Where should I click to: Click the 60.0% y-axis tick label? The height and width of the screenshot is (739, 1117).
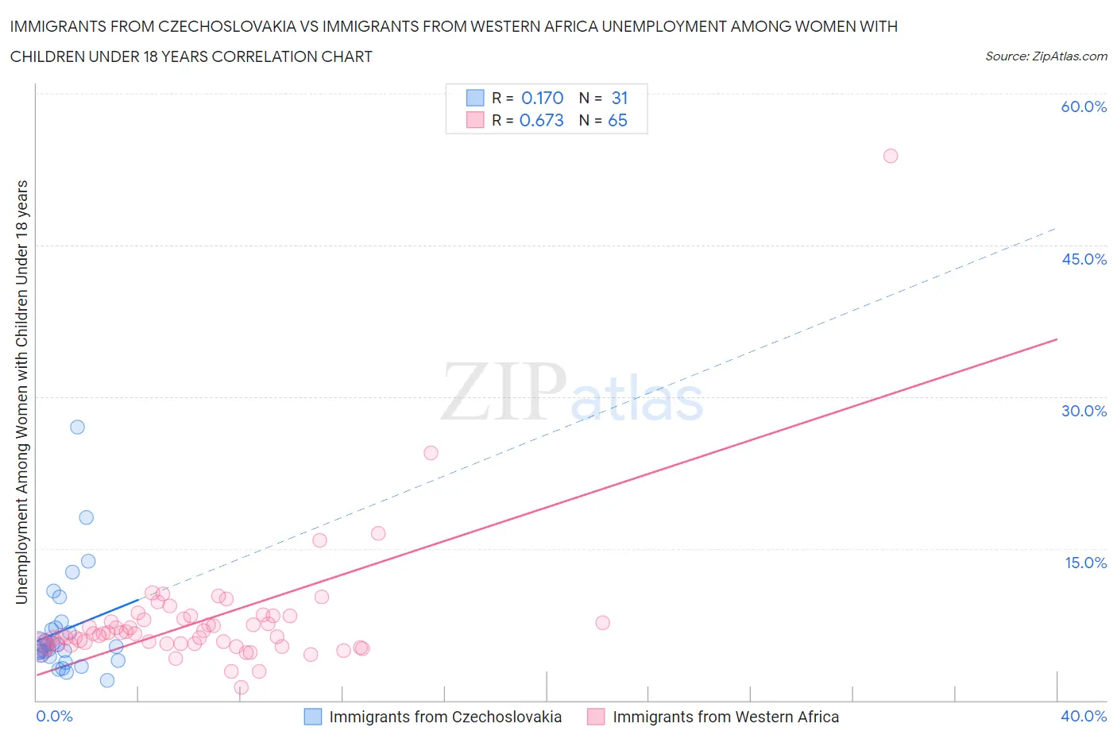click(x=1084, y=106)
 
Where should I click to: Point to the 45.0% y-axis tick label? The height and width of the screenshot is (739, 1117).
click(x=1084, y=259)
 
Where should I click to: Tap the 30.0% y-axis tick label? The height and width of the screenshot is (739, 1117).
click(x=1084, y=411)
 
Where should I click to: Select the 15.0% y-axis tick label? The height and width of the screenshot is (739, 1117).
click(x=1085, y=563)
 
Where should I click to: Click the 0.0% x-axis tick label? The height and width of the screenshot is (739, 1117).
click(x=54, y=716)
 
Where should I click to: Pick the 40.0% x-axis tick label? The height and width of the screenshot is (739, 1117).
click(x=1084, y=716)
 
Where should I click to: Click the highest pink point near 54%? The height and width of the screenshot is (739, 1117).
click(x=891, y=156)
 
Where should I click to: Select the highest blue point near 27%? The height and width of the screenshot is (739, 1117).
click(x=77, y=427)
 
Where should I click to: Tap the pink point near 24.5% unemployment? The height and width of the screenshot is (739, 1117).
click(x=431, y=453)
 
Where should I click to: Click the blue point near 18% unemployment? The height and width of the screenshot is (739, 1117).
click(x=87, y=517)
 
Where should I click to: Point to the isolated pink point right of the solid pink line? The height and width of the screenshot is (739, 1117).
click(x=602, y=623)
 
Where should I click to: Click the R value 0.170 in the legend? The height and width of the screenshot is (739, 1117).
click(x=542, y=98)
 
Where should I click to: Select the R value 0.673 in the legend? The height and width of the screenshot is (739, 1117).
click(x=541, y=120)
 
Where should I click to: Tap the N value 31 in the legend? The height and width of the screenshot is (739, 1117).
click(x=620, y=98)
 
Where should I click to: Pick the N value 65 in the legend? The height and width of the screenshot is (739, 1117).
click(x=617, y=120)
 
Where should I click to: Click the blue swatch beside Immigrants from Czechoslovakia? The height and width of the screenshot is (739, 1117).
click(x=313, y=717)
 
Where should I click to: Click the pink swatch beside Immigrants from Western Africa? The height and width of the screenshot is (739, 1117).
click(x=596, y=717)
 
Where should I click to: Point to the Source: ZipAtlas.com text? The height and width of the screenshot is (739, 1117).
click(x=1045, y=56)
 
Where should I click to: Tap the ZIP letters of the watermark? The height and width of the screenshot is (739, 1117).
click(x=503, y=391)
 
